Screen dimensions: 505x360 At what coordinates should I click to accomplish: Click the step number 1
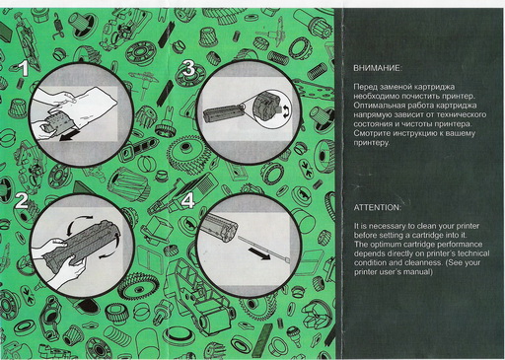24,68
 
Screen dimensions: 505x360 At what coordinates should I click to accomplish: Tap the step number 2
22,200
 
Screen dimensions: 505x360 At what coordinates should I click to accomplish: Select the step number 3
189,68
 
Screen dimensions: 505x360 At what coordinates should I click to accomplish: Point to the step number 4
188,200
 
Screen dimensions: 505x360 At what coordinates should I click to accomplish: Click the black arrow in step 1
70,135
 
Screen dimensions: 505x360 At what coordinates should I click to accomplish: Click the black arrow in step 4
259,253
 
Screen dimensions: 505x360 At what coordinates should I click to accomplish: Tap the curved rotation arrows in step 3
287,111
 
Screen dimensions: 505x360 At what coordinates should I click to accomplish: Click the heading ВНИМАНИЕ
378,68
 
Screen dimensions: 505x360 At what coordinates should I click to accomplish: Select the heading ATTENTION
378,207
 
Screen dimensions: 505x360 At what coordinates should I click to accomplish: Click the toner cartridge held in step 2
82,243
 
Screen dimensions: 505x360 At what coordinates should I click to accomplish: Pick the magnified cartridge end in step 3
267,106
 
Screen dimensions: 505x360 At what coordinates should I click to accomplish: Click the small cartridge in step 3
224,112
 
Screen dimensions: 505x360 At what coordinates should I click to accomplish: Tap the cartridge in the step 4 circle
218,226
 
